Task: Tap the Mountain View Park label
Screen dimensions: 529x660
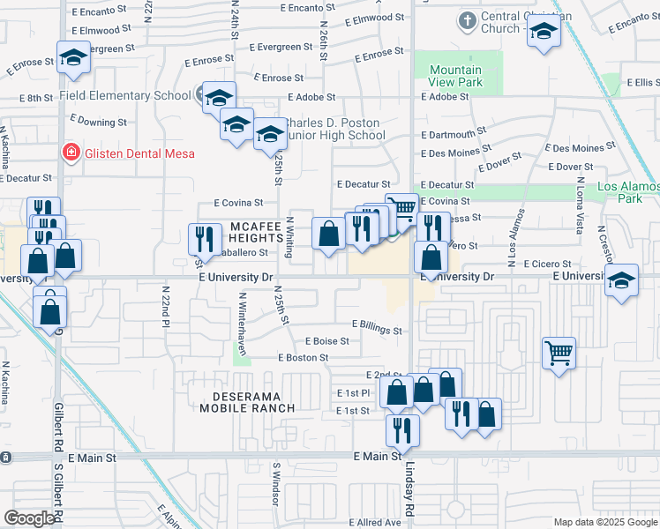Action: point(455,76)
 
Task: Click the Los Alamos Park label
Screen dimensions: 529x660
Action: point(627,192)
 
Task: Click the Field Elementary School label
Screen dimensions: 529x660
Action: point(125,94)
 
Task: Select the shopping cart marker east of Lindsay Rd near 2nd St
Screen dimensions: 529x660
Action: point(559,354)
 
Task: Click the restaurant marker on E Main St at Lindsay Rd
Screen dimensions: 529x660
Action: point(401,430)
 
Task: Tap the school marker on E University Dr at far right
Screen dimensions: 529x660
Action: point(622,280)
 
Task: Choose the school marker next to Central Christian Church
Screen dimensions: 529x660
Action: point(543,33)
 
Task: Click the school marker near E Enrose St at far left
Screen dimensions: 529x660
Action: point(73,58)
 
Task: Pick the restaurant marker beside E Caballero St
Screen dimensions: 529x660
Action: point(204,238)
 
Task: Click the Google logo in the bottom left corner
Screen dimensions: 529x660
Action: point(28,518)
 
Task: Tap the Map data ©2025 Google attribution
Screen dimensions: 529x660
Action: point(605,522)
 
